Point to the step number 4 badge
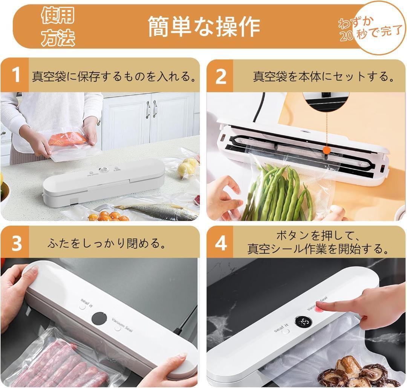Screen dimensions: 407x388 (x=220, y=242)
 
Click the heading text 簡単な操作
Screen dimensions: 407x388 (x=204, y=26)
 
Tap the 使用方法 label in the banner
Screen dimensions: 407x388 (x=58, y=26)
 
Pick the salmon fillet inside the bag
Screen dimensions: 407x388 (x=68, y=139)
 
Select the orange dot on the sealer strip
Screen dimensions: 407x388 (x=327, y=150)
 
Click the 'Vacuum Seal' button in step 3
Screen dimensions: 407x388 (x=118, y=328)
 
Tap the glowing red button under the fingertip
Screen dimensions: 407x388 (x=318, y=309)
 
